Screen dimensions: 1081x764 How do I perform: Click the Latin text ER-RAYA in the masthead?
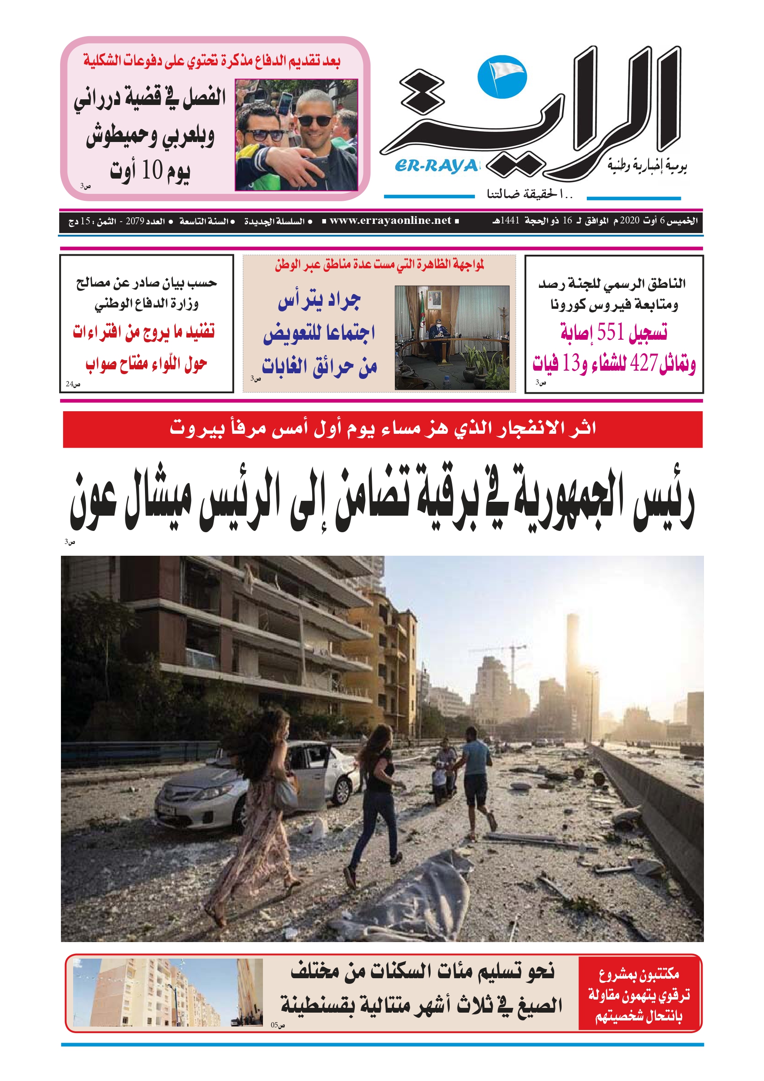click(436, 166)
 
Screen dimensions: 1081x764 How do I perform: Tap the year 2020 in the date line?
click(629, 220)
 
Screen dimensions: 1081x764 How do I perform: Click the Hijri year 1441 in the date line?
click(510, 220)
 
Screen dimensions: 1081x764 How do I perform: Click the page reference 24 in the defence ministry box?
click(70, 384)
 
